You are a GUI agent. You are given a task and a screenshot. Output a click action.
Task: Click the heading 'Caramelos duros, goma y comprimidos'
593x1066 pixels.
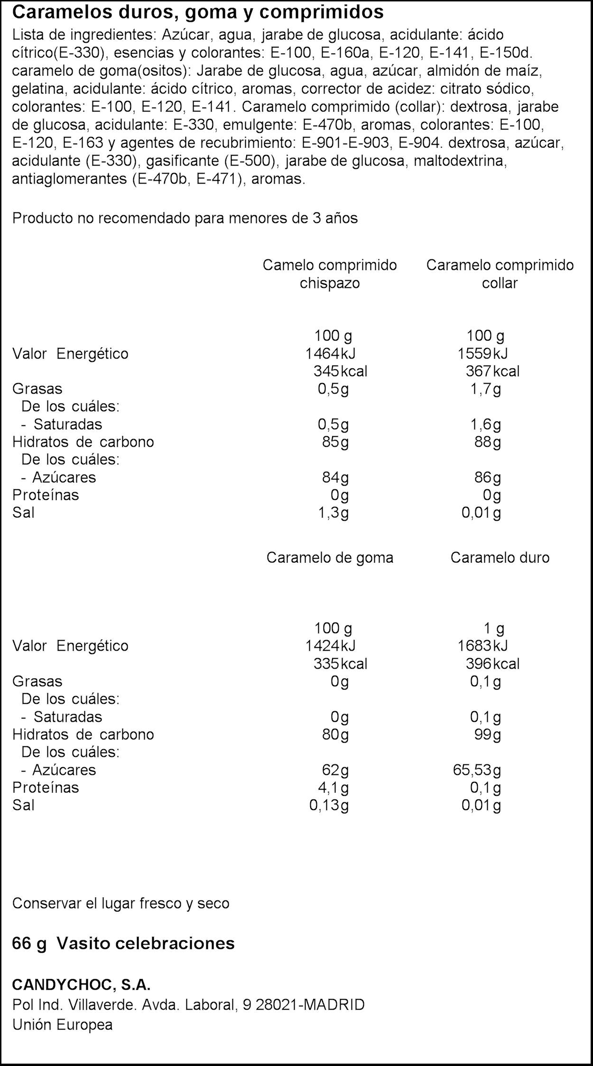[198, 13]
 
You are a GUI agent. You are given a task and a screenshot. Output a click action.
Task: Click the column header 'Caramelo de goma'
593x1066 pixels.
[330, 557]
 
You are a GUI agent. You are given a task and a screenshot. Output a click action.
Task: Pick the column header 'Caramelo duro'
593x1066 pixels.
[500, 557]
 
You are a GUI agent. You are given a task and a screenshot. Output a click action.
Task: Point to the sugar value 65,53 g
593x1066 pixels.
[477, 770]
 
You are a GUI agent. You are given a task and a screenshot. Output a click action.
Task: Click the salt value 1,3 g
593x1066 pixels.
[333, 513]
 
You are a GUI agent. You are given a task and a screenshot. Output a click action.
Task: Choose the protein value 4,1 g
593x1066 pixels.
[333, 787]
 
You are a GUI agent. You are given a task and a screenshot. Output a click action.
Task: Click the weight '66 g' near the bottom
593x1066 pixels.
[29, 943]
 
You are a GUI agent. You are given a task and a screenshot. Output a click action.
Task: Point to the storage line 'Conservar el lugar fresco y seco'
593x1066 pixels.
[121, 903]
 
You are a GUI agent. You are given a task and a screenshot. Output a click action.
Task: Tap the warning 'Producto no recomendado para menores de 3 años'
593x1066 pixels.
[185, 218]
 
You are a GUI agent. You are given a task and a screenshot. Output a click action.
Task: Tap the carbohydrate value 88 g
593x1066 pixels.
[487, 441]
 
